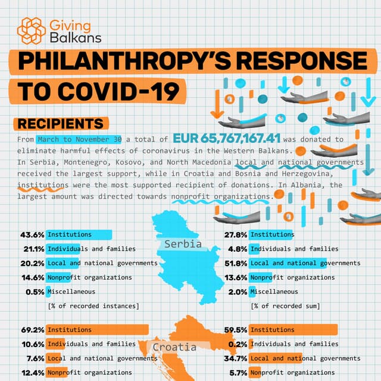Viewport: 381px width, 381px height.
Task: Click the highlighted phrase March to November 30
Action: point(79,139)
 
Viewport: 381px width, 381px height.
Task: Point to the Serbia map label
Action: point(183,244)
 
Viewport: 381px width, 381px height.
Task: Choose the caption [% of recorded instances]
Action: point(93,306)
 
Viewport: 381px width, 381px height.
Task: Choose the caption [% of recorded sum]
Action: point(285,306)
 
